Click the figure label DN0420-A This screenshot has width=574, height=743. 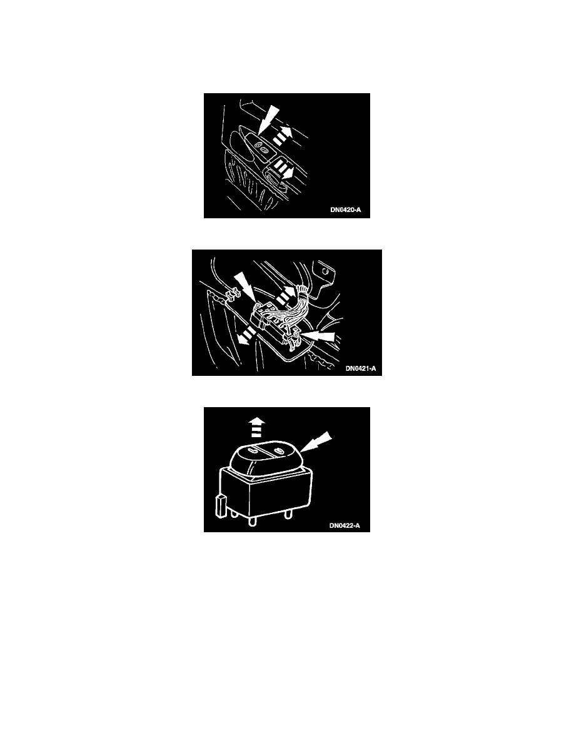click(345, 210)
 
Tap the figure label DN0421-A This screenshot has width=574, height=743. click(360, 368)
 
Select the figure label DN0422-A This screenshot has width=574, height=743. click(345, 525)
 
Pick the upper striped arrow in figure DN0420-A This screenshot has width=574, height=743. click(283, 135)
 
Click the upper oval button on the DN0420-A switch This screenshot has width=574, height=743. click(258, 144)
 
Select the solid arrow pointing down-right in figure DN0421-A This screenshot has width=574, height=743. click(246, 286)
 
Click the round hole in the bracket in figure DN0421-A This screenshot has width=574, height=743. click(325, 271)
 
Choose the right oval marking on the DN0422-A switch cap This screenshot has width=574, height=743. click(279, 450)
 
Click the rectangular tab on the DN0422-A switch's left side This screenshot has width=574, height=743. click(219, 506)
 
